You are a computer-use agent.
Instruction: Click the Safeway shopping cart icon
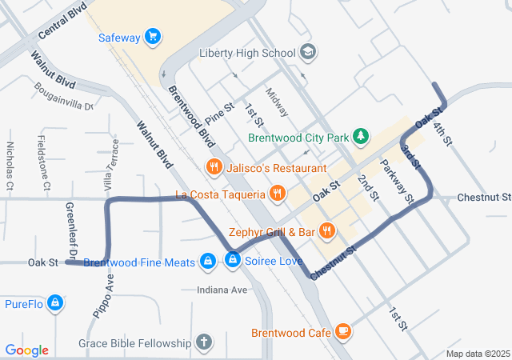[x=153, y=37]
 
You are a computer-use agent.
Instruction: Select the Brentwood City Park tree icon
[x=362, y=137]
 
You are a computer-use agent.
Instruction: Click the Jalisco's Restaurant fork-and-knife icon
[x=214, y=168]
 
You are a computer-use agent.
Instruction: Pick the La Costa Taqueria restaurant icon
[x=278, y=194]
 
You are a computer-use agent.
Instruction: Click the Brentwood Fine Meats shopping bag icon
[x=208, y=262]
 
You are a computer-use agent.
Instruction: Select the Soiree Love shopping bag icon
[x=233, y=261]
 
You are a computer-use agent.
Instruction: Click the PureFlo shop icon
[x=55, y=303]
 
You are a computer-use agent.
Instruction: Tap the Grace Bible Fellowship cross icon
[x=204, y=343]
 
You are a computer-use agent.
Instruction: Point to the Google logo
[x=27, y=350]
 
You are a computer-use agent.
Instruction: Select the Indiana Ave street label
[x=222, y=290]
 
